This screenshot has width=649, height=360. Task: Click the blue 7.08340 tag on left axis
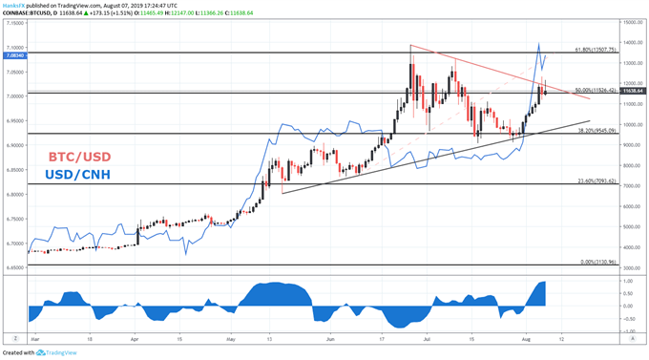pyautogui.click(x=14, y=56)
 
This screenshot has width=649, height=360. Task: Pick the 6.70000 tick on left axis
pyautogui.click(x=14, y=243)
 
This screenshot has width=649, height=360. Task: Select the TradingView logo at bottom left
pyautogui.click(x=57, y=352)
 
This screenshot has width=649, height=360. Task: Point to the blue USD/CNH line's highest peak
pyautogui.click(x=539, y=43)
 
